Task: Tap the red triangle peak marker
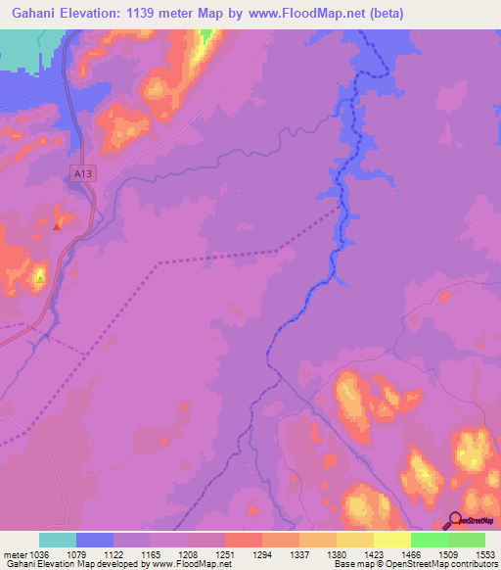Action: point(58,226)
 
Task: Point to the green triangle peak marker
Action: point(39,278)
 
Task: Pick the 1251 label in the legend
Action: point(223,553)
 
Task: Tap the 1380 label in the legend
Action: point(336,553)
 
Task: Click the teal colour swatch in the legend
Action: point(58,540)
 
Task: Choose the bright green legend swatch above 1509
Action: point(429,540)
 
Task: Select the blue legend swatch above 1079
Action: point(95,540)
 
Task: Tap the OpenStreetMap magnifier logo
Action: point(453,521)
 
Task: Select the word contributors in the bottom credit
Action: point(474,565)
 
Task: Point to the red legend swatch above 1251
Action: point(243,540)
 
